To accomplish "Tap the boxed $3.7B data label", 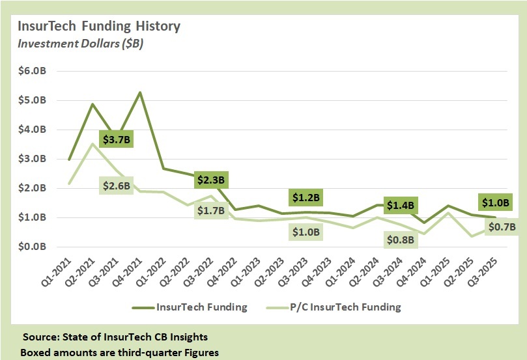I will coord(116,139).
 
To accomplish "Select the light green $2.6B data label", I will coord(116,186).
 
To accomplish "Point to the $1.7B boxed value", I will coord(210,210).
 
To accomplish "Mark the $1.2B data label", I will coord(306,197).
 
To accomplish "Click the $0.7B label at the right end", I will coord(502,227).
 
